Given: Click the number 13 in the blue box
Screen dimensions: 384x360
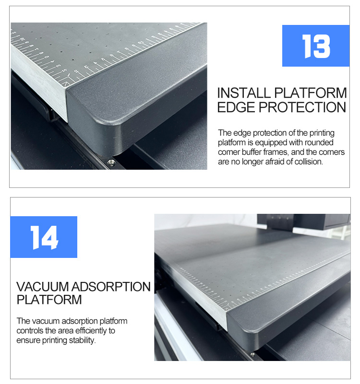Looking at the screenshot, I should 316,46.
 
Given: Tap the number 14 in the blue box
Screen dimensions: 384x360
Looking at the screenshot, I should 44,237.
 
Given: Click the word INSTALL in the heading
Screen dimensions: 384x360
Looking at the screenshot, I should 244,93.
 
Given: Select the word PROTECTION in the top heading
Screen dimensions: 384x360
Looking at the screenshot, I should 302,107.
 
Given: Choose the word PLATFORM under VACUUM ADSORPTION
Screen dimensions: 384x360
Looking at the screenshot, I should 49,300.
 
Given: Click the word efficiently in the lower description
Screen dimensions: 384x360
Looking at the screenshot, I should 87,331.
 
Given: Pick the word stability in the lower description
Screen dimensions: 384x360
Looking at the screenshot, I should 83,340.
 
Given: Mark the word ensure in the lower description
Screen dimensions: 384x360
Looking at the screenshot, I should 27,340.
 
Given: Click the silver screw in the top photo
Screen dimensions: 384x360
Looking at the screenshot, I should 111,163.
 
